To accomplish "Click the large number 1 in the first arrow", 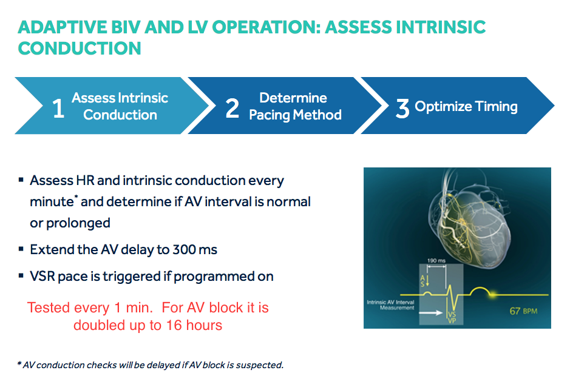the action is coord(58,109).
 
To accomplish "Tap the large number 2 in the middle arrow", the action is coord(232,109).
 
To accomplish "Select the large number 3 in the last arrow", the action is coord(402,109).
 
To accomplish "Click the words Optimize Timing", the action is coord(466,107).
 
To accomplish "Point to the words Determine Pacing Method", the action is coord(295,106).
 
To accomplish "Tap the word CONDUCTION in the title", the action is coord(80,49).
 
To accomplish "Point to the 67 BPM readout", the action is coord(523,311).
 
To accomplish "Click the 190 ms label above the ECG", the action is coord(436,261).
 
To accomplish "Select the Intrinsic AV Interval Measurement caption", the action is coord(390,305).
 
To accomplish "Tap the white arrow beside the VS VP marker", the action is coord(431,312).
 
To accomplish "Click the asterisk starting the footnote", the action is coord(19,363).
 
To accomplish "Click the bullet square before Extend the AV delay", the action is coord(21,249).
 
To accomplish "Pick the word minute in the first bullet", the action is coord(52,201).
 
